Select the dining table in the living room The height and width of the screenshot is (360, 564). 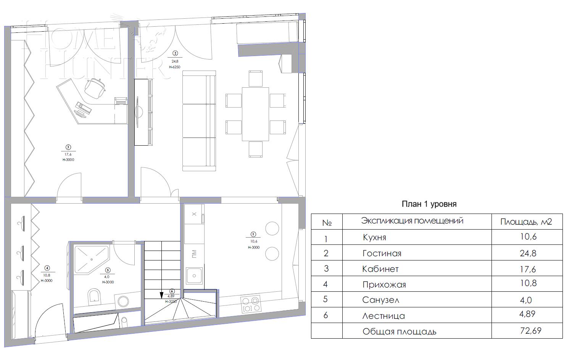click(x=255, y=114)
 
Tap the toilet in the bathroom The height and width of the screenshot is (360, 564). click(x=94, y=296)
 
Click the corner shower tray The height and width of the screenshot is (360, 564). click(x=90, y=259)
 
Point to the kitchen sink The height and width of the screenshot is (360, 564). click(x=195, y=275)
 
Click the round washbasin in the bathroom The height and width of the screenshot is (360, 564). click(x=124, y=301)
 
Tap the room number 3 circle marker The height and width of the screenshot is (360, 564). click(x=68, y=147)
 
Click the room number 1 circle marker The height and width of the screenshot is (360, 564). click(x=253, y=234)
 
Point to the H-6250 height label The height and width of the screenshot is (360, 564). click(x=174, y=67)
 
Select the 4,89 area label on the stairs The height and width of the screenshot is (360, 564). click(x=171, y=296)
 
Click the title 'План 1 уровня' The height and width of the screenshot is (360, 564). click(x=429, y=204)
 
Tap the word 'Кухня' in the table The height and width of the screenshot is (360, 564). click(x=374, y=237)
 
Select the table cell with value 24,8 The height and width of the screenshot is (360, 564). click(x=528, y=253)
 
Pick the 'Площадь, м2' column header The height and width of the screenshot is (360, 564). click(x=526, y=222)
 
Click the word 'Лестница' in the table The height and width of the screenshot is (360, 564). click(x=384, y=316)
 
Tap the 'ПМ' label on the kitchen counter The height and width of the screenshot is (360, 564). click(x=194, y=253)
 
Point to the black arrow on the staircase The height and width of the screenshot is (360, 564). click(x=161, y=295)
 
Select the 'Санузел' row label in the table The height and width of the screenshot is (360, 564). click(x=380, y=300)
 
